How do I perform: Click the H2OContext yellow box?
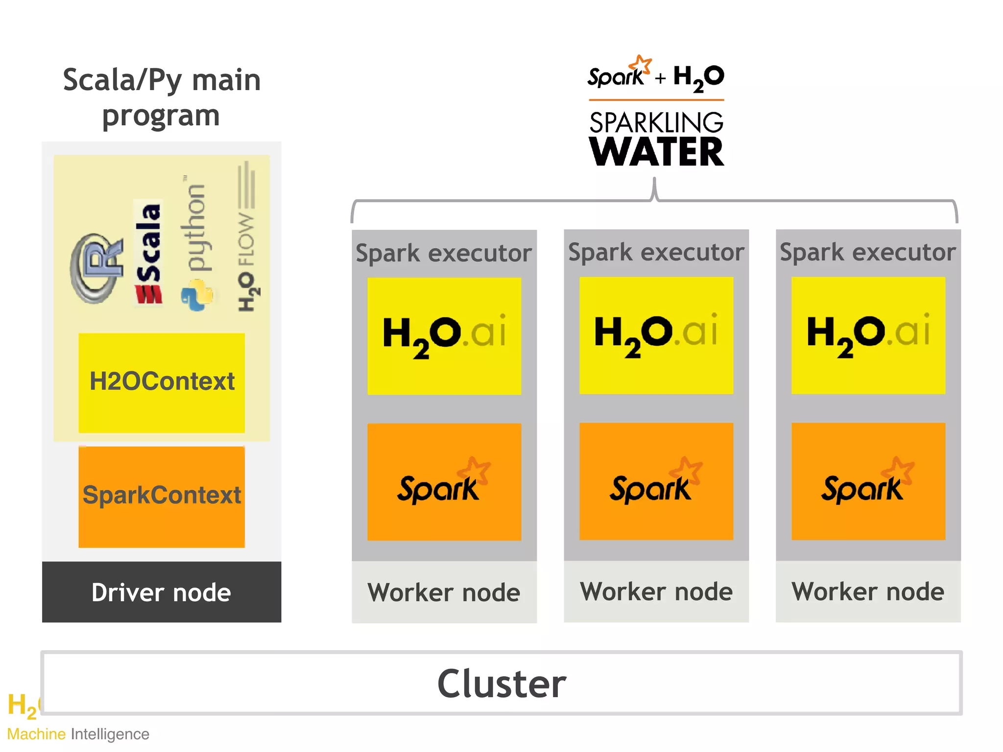pyautogui.click(x=162, y=382)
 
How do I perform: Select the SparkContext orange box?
pyautogui.click(x=162, y=496)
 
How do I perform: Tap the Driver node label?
pyautogui.click(x=161, y=592)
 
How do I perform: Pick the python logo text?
pyautogui.click(x=196, y=228)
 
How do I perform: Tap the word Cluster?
pyautogui.click(x=501, y=683)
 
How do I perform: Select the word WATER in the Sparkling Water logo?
pyautogui.click(x=656, y=152)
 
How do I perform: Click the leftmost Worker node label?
pyautogui.click(x=444, y=592)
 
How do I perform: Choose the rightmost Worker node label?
pyautogui.click(x=868, y=591)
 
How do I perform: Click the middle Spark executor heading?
pyautogui.click(x=656, y=253)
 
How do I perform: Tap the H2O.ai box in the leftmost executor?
pyautogui.click(x=444, y=336)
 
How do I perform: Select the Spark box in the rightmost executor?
pyautogui.click(x=868, y=482)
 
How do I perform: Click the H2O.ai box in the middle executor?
pyautogui.click(x=656, y=335)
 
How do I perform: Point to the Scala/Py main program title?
pyautogui.click(x=161, y=97)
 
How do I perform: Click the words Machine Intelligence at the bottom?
pyautogui.click(x=78, y=734)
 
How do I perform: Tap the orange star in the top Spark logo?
pyautogui.click(x=641, y=65)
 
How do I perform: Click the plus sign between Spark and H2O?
pyautogui.click(x=660, y=78)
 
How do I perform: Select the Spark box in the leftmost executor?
pyautogui.click(x=444, y=482)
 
